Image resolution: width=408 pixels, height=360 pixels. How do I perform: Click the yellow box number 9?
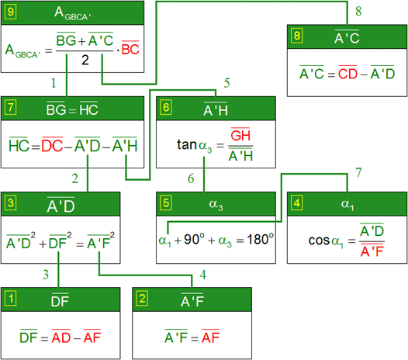(x=10, y=12)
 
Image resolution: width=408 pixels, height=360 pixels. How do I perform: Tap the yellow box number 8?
(x=297, y=36)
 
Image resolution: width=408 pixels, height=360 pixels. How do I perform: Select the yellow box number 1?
(x=11, y=299)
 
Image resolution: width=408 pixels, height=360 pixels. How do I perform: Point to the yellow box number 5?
(x=166, y=203)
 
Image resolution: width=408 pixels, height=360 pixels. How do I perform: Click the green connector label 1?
(x=54, y=83)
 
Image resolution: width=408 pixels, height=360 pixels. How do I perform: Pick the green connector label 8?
(x=358, y=11)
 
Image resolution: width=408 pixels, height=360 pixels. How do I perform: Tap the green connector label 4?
(x=203, y=275)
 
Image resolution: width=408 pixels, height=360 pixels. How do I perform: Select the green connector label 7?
(x=358, y=172)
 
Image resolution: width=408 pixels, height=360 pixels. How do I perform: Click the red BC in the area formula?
(x=130, y=48)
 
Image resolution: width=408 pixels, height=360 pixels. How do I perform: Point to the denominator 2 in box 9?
(x=85, y=60)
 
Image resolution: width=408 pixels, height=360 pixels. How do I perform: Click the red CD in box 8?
(x=347, y=73)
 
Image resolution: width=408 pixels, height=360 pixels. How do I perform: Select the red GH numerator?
(x=240, y=134)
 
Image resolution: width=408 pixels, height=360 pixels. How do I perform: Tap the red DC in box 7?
(x=52, y=145)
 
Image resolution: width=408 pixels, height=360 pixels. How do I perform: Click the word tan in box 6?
(x=187, y=144)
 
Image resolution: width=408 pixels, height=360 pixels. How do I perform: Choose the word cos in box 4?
(x=319, y=241)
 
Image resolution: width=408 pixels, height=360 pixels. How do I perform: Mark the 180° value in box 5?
(x=260, y=239)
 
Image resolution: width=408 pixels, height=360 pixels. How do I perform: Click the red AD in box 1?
(x=61, y=337)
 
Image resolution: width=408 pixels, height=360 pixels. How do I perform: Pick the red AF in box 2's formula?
(x=211, y=337)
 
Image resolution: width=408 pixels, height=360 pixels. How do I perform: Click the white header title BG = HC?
(x=72, y=109)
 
